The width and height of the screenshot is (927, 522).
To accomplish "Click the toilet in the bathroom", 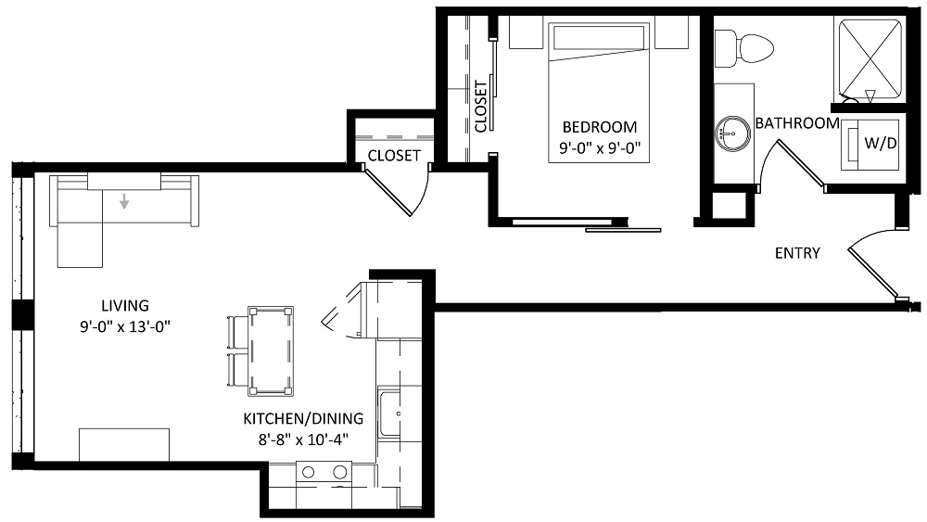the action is click(743, 48).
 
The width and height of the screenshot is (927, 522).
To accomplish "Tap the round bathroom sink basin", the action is click(733, 133).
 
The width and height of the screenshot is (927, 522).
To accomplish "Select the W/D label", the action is click(881, 143).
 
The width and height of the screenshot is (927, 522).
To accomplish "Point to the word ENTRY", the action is click(797, 253).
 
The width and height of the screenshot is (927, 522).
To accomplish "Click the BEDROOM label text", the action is click(600, 127).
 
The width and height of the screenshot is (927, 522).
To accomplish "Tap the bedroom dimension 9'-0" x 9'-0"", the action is click(600, 147).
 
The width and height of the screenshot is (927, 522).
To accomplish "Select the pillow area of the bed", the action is click(599, 37).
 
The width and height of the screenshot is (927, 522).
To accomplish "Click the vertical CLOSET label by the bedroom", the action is click(480, 107).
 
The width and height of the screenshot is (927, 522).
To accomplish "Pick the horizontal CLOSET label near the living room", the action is click(394, 156).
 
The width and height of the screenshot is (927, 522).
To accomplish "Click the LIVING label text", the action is click(125, 306).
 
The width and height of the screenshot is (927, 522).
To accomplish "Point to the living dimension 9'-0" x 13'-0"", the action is click(125, 326).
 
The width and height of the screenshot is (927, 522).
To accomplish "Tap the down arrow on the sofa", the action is click(124, 201).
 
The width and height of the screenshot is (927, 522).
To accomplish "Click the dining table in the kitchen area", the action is click(271, 350).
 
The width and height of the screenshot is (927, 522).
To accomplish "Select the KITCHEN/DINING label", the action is click(303, 418).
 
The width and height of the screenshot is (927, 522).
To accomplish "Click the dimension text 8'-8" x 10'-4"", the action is click(303, 439).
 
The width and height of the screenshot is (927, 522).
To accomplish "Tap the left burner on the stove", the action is click(308, 472).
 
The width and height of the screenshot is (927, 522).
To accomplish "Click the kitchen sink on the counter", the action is click(390, 414).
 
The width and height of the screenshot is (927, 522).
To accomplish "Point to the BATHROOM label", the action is click(797, 123).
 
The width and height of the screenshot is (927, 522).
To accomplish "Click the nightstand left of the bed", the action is click(527, 32).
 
